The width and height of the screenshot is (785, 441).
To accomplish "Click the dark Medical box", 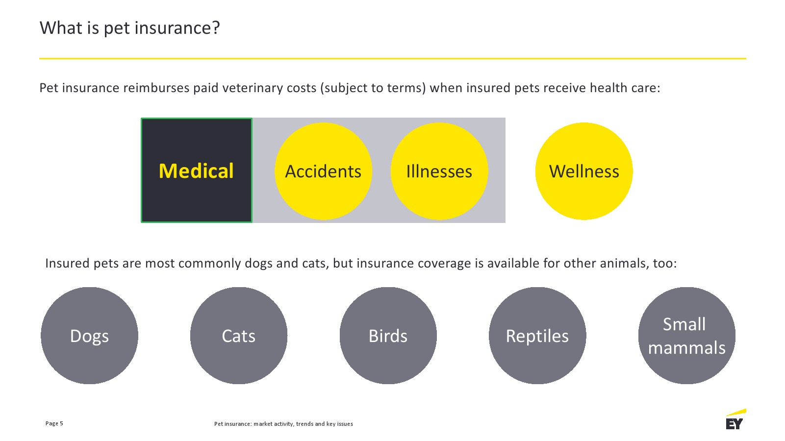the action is pyautogui.click(x=197, y=170).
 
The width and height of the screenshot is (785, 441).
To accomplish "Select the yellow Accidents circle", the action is pyautogui.click(x=323, y=171).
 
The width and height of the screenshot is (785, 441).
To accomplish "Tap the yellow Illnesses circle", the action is pyautogui.click(x=439, y=171).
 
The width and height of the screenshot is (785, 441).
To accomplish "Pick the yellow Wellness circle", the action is pyautogui.click(x=584, y=171).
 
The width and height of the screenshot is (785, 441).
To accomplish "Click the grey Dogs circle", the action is pyautogui.click(x=89, y=336).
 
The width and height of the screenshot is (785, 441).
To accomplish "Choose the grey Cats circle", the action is pyautogui.click(x=239, y=336).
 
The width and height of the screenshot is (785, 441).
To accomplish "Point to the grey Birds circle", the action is pyautogui.click(x=388, y=336).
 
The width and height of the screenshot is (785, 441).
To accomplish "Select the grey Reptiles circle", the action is pyautogui.click(x=537, y=336).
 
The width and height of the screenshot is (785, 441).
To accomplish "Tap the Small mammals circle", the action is pyautogui.click(x=687, y=336).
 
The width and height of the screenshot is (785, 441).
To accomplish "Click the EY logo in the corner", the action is pyautogui.click(x=735, y=419).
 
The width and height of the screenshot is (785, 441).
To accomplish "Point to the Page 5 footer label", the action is pyautogui.click(x=54, y=423).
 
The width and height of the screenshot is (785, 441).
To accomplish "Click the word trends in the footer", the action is pyautogui.click(x=305, y=424).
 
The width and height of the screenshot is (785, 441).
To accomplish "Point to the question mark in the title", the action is pyautogui.click(x=216, y=27).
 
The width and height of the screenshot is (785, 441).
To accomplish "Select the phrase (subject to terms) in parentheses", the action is pyautogui.click(x=373, y=88).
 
